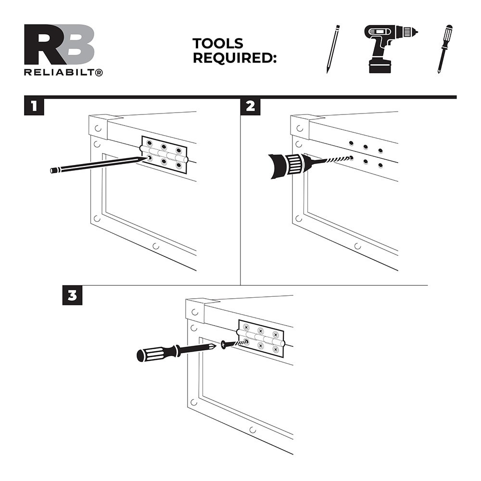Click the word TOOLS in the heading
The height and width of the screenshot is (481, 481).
tap(217, 44)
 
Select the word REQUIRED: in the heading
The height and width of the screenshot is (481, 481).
tap(235, 58)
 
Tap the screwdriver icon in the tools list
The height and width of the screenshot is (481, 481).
tap(445, 49)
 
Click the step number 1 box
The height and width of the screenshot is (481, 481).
tap(34, 106)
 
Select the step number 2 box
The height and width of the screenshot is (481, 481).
tap(250, 106)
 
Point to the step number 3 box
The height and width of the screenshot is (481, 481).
tap(73, 295)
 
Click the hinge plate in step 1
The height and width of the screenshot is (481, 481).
tap(164, 153)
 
